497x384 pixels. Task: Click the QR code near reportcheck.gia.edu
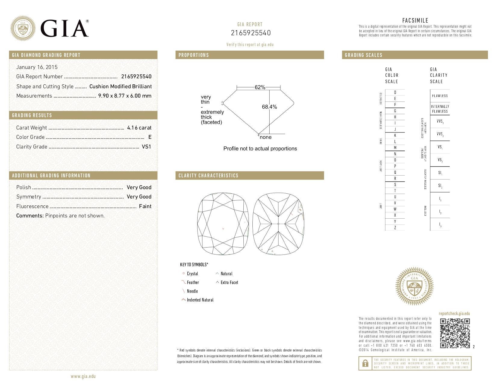pos(455,333)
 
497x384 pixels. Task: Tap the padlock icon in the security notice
pos(365,364)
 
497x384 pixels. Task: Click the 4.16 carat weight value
pos(139,128)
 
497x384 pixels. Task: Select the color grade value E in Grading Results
pos(150,137)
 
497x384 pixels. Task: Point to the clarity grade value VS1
pos(146,147)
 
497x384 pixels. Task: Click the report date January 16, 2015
pos(37,67)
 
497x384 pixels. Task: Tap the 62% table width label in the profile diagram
pos(260,87)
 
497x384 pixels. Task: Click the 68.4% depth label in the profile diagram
pos(269,107)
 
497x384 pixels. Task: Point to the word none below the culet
pos(265,137)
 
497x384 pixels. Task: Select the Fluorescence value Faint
pos(145,206)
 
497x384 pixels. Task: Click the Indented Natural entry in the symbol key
pos(200,300)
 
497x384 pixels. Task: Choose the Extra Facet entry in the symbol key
pos(229,283)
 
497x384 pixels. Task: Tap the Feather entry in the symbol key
pos(193,283)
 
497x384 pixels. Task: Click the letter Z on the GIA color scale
pos(395,228)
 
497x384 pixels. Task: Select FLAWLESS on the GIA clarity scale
pos(440,96)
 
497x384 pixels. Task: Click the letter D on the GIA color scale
pos(395,92)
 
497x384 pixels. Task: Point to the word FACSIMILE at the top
pos(415,20)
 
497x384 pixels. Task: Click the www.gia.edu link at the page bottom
pos(83,376)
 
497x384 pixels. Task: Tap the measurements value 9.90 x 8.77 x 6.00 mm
pos(125,96)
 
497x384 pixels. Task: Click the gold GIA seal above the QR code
pos(414,287)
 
